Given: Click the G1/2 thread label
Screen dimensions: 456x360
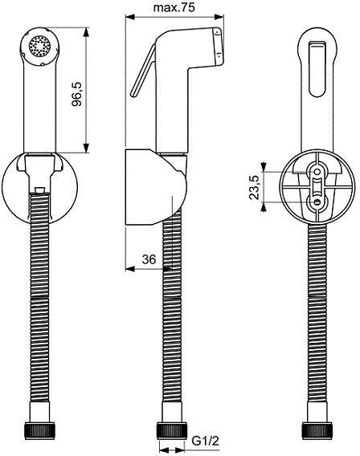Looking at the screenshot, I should [x=202, y=441].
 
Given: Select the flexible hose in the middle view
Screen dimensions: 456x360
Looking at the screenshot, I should [x=170, y=321].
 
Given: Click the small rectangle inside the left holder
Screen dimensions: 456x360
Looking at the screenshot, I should [x=39, y=189].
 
